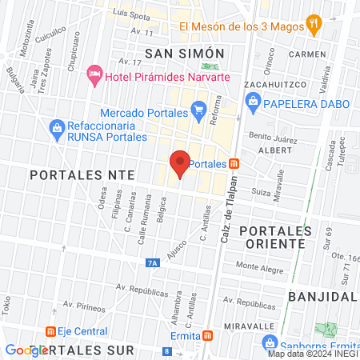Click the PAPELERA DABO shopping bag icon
click(x=252, y=101)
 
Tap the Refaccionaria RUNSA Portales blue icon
click(x=57, y=126)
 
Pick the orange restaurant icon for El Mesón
click(x=315, y=26)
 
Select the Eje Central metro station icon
click(x=50, y=331)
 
